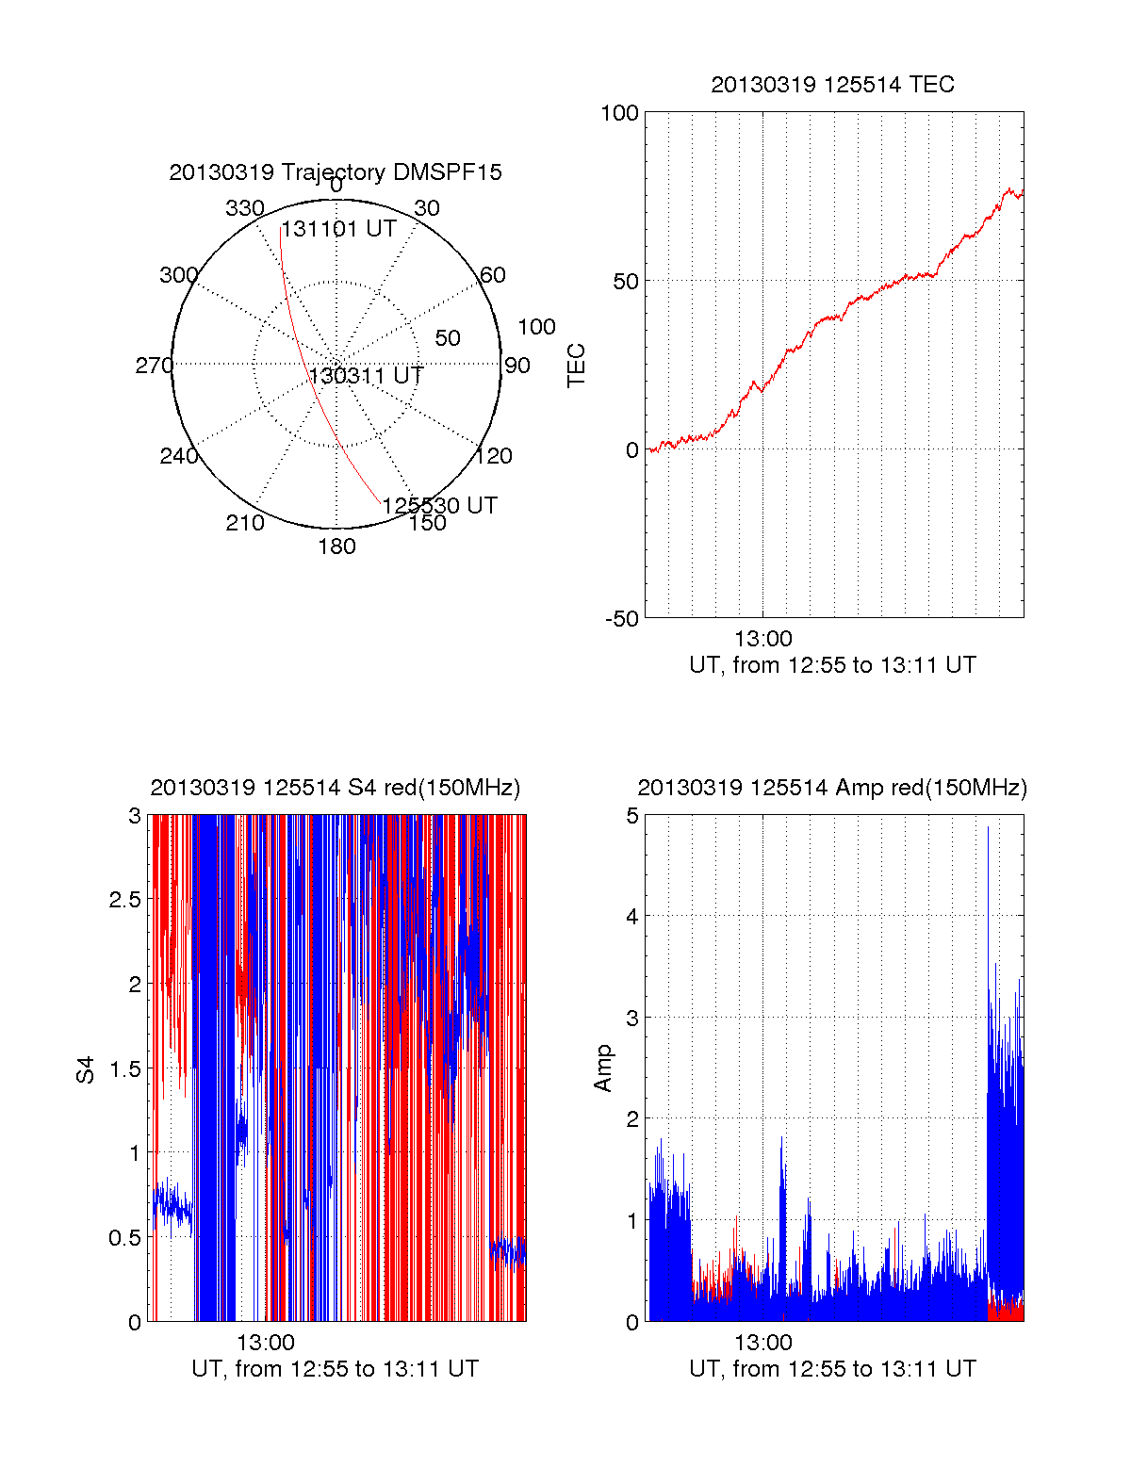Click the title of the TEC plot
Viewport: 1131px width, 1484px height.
click(832, 85)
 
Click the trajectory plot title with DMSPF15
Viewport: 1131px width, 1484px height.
click(336, 172)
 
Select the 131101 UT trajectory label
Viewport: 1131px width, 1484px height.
click(338, 229)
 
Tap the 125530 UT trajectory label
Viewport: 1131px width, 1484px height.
click(439, 505)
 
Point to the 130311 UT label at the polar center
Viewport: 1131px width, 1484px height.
click(366, 375)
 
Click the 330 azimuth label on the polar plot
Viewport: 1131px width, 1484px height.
click(245, 208)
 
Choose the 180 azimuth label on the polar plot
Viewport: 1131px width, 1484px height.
click(336, 546)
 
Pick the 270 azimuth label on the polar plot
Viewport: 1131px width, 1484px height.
click(154, 366)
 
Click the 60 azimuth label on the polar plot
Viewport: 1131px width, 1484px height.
click(493, 275)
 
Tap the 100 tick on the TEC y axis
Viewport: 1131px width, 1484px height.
click(619, 113)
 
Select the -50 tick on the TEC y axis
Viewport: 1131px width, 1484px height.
click(621, 619)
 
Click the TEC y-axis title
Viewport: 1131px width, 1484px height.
click(577, 365)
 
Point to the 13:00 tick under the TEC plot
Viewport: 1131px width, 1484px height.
click(762, 639)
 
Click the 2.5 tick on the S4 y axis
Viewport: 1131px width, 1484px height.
click(125, 900)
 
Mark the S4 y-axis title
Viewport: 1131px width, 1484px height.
click(86, 1069)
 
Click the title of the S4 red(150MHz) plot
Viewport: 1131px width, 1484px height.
click(336, 788)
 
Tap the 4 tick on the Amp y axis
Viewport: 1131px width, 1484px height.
click(632, 917)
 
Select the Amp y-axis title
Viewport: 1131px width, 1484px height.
click(603, 1068)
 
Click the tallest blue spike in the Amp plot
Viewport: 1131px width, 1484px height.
click(988, 829)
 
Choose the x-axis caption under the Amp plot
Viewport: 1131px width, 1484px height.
click(832, 1369)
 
